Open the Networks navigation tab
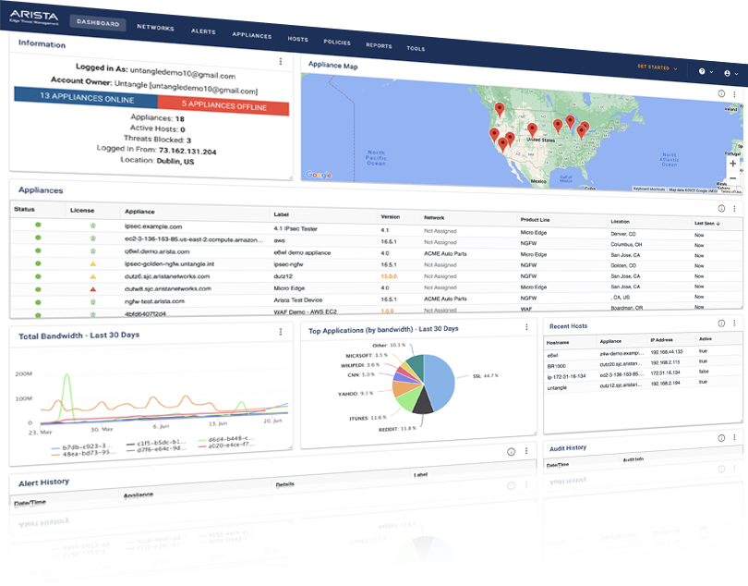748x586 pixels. pyautogui.click(x=155, y=28)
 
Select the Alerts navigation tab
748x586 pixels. pyautogui.click(x=203, y=31)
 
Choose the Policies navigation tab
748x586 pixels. pyautogui.click(x=337, y=43)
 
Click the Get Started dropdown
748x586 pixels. pyautogui.click(x=657, y=67)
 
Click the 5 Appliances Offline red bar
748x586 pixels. pyautogui.click(x=223, y=106)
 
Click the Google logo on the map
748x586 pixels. pyautogui.click(x=318, y=174)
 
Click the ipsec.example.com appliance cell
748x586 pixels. pyautogui.click(x=154, y=226)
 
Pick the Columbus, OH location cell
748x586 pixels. pyautogui.click(x=632, y=245)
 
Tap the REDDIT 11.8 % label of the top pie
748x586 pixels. pyautogui.click(x=397, y=429)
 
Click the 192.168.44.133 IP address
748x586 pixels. pyautogui.click(x=668, y=352)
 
